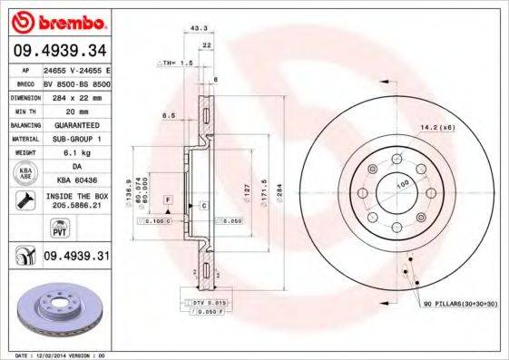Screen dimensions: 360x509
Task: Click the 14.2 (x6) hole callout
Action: point(436,128)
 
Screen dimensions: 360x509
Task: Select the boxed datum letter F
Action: point(168,197)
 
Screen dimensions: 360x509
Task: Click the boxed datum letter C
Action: point(205,206)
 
